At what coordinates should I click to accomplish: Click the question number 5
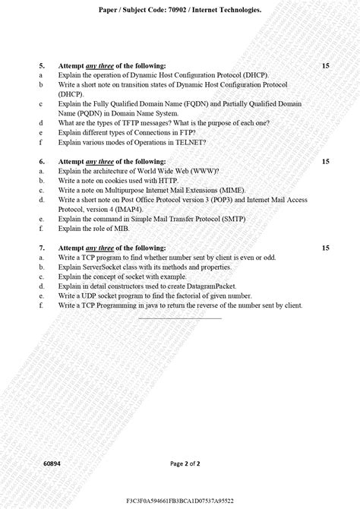42,66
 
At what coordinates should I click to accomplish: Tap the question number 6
42,161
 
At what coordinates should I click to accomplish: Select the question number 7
42,248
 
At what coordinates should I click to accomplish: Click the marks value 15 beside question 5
325,66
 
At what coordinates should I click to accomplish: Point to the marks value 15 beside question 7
325,248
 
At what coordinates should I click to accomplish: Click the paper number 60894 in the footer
52,463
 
